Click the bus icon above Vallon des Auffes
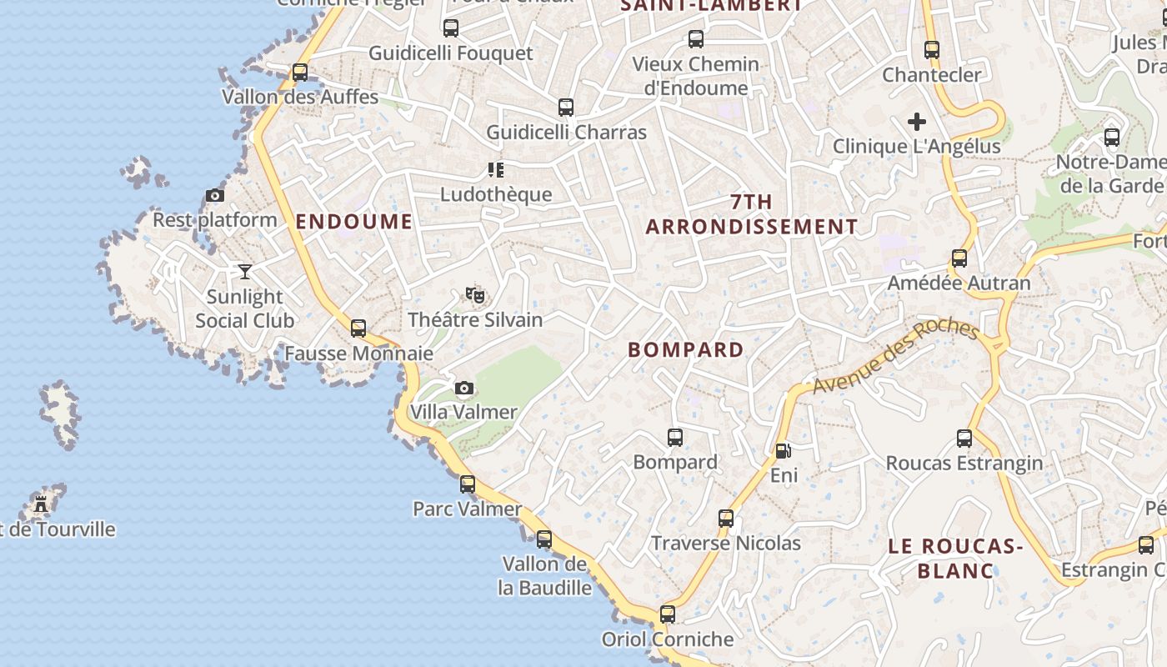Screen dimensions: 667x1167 point(300,73)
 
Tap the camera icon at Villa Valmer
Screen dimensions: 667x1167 point(464,388)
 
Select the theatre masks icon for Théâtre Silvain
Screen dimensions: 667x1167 point(475,294)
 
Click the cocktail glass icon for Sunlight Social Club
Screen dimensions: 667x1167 point(245,272)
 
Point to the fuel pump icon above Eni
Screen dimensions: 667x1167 point(784,451)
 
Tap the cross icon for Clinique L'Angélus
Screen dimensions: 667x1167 point(917,122)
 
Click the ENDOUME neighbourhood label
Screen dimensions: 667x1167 point(354,221)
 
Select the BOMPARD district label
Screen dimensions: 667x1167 point(686,350)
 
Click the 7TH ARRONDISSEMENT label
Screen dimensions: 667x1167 point(751,214)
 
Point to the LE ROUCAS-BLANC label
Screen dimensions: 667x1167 point(955,559)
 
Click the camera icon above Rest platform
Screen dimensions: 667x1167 point(215,196)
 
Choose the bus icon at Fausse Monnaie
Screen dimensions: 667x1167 point(358,328)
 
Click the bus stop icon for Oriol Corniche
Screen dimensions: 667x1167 point(668,614)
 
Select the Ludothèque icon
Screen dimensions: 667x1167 point(496,170)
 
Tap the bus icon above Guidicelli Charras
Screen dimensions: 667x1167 point(566,108)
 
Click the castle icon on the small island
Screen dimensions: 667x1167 point(41,504)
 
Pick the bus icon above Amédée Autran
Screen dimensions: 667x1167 point(959,258)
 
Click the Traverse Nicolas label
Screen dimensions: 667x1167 point(725,544)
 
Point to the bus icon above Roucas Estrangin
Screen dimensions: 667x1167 point(964,438)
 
